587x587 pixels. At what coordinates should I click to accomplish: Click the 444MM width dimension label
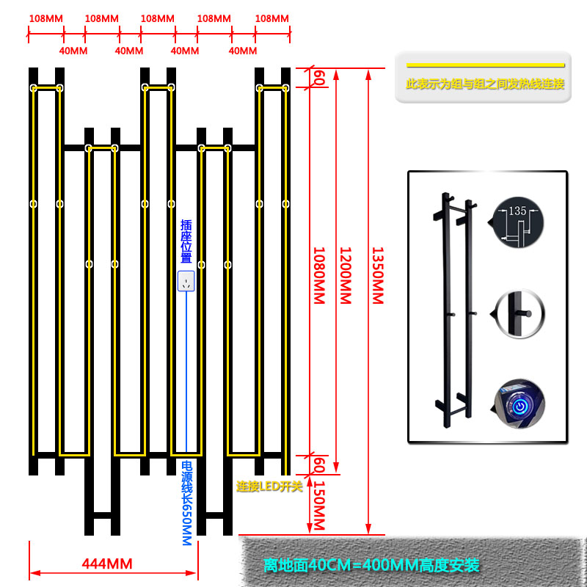tap(107, 564)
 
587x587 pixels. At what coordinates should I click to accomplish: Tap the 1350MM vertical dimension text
tap(377, 275)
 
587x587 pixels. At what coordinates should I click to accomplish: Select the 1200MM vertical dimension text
tap(345, 275)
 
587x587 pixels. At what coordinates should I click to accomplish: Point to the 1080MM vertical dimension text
tap(318, 275)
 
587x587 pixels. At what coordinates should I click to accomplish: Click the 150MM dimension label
tap(318, 506)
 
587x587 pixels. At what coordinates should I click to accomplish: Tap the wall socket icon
tap(186, 281)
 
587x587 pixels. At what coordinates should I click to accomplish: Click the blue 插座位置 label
tap(186, 241)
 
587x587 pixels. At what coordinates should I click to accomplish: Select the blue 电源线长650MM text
tap(187, 503)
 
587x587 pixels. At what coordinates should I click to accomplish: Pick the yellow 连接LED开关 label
tap(269, 486)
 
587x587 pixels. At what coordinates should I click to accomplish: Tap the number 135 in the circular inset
tap(517, 211)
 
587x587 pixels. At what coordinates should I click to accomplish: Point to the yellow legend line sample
tap(485, 65)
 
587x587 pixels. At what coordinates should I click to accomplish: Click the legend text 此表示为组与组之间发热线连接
tap(485, 84)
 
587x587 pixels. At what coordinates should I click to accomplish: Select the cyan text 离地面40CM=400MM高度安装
tap(371, 565)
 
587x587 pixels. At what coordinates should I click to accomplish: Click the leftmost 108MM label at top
tap(46, 18)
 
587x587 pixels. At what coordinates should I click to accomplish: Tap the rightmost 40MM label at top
tap(243, 51)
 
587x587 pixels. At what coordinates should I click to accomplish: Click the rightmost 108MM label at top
tap(271, 18)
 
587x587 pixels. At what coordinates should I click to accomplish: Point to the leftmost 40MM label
tap(73, 51)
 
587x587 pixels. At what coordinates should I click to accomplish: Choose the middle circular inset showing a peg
tap(519, 314)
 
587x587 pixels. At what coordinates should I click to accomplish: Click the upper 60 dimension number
tap(318, 78)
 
